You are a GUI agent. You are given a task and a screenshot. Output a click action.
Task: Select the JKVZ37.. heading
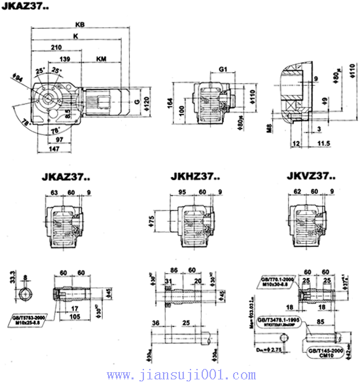tap(311, 176)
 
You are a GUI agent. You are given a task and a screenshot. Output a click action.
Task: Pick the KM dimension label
tap(101, 59)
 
